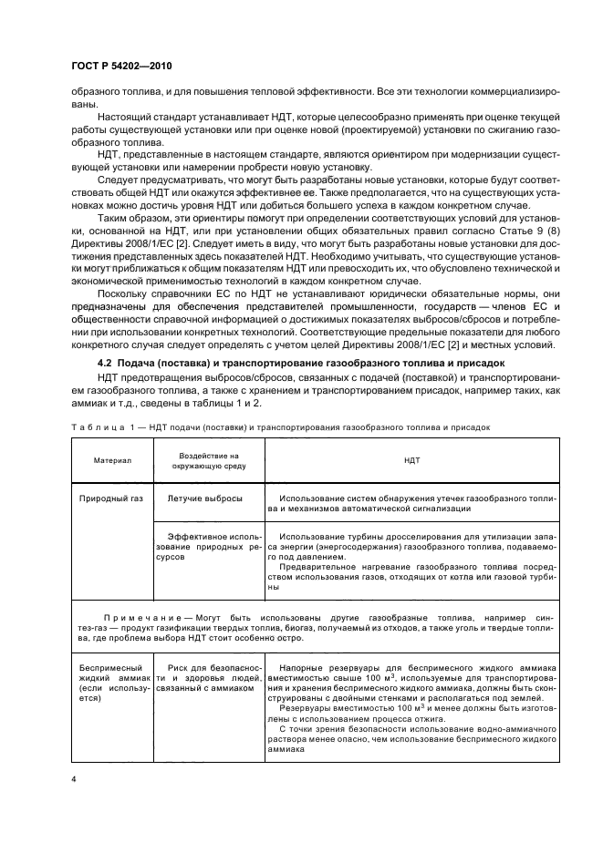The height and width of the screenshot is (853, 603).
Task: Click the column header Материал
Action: (x=112, y=461)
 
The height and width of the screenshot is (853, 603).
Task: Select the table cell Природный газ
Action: (x=111, y=498)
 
